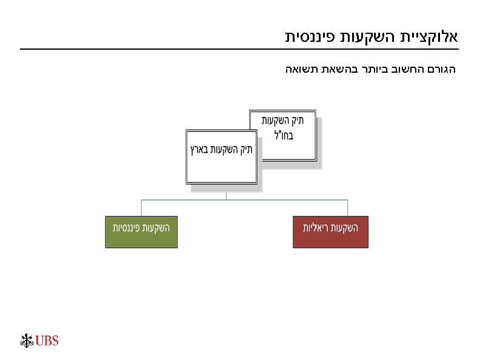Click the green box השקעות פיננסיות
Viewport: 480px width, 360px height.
pos(141,232)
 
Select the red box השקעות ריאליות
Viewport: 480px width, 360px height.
pos(330,232)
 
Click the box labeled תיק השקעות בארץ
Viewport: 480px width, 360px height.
pos(222,156)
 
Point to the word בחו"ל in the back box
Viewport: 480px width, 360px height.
pos(283,135)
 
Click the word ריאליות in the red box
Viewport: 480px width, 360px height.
pos(316,228)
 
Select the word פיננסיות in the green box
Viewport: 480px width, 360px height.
pos(127,228)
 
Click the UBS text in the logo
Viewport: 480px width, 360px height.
pos(47,341)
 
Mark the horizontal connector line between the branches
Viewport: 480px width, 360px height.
pos(182,199)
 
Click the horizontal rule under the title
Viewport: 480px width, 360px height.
pos(239,49)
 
